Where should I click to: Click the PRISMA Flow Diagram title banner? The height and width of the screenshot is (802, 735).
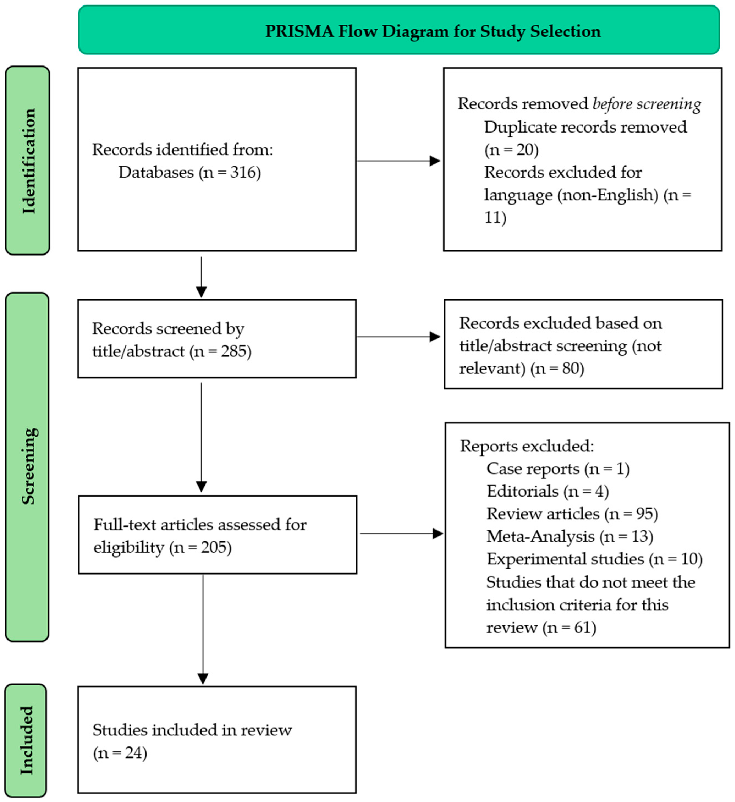(399, 30)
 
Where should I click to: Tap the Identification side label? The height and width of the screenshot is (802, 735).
(27, 161)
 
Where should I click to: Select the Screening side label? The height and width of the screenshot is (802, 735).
(27, 466)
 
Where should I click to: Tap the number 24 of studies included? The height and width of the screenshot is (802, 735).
(133, 753)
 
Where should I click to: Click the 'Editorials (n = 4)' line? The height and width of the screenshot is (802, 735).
(547, 491)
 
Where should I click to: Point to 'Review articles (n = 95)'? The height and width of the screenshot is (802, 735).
(572, 514)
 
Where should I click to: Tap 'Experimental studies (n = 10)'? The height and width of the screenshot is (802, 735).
(594, 559)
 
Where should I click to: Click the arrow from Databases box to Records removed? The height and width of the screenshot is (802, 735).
(398, 161)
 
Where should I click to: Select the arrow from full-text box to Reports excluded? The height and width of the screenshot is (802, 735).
(401, 534)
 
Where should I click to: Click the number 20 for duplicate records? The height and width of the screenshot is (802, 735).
(525, 150)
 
